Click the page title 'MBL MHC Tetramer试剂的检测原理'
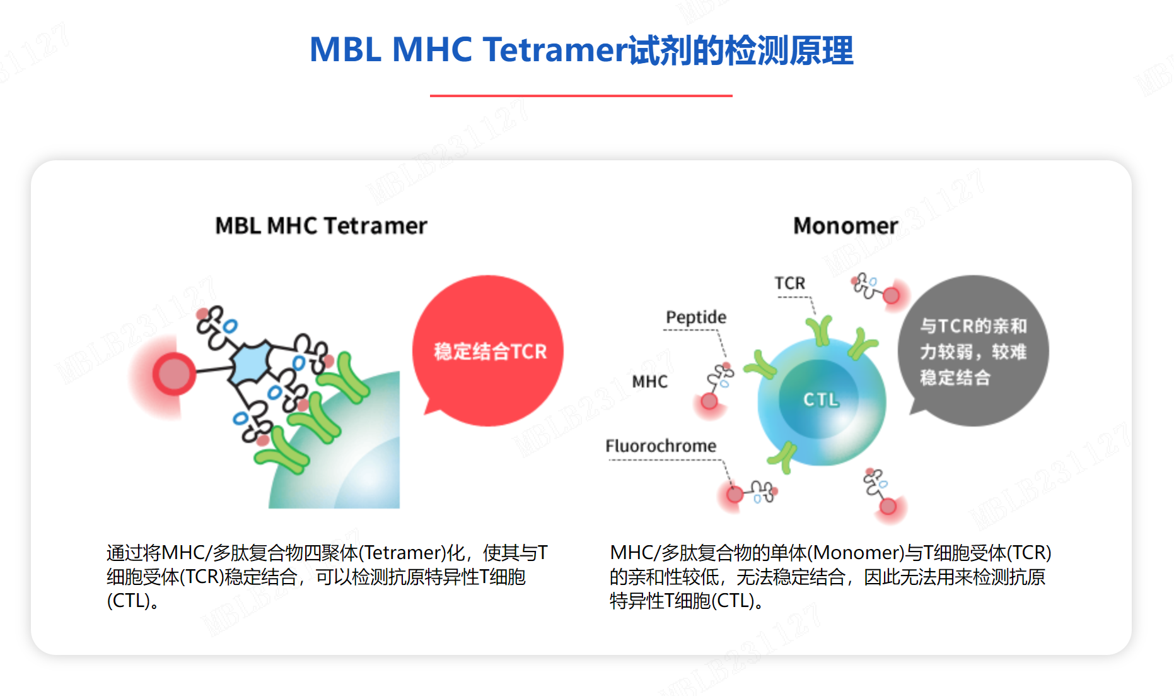[581, 50]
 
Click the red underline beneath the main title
[581, 95]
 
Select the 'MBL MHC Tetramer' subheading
[321, 225]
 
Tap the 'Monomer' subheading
[845, 225]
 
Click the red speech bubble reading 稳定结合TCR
[488, 351]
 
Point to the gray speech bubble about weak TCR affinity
[973, 351]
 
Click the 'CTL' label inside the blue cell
[820, 399]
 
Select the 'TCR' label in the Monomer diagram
[789, 283]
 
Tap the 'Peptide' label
[696, 317]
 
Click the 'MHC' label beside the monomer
[649, 382]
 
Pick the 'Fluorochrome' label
[661, 446]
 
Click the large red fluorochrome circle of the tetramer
[173, 374]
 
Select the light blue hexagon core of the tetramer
[252, 363]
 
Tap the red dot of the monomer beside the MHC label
[709, 401]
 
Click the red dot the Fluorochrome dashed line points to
[735, 494]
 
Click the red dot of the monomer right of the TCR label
[891, 295]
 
